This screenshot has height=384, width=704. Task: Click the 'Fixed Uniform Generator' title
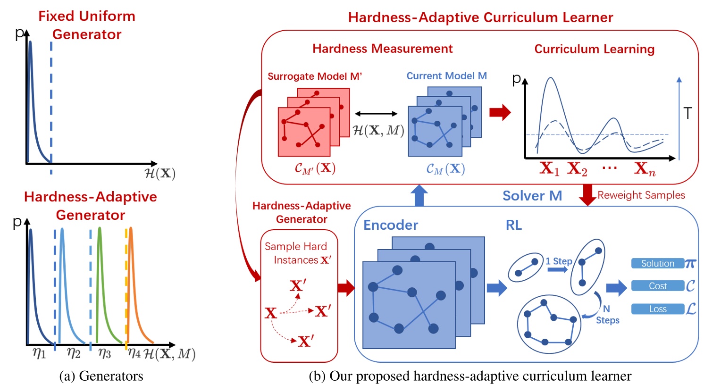(x=87, y=25)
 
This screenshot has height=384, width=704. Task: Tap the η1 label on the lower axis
(x=40, y=353)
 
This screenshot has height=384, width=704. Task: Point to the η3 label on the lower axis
(x=104, y=353)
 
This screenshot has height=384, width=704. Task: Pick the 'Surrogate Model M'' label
(x=315, y=76)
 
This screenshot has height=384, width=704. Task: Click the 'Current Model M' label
(x=446, y=76)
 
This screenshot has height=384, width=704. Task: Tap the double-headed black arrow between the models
(x=376, y=114)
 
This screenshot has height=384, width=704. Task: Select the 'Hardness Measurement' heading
(x=382, y=49)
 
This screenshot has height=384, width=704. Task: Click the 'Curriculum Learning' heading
(x=594, y=49)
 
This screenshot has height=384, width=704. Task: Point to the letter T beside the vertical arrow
(x=687, y=113)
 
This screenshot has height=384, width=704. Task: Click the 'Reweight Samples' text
(x=641, y=195)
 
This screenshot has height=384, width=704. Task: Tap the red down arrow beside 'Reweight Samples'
(x=587, y=194)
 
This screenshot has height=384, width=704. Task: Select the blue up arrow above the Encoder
(x=419, y=195)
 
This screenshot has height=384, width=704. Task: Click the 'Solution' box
(x=657, y=264)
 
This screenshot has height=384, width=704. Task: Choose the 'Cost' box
(x=657, y=286)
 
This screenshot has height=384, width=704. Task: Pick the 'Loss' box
(x=657, y=309)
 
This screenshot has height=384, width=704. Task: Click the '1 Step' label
(x=559, y=261)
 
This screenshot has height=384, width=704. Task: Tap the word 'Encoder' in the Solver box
(x=391, y=225)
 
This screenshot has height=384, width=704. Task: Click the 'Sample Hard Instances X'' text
(x=298, y=253)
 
